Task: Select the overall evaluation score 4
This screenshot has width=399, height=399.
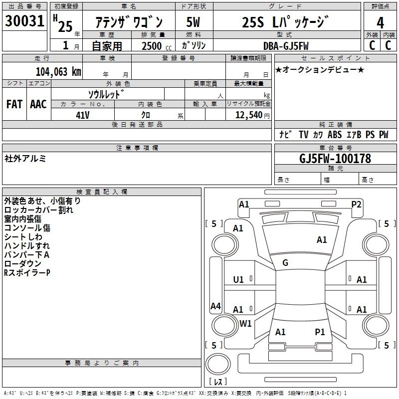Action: tap(380, 23)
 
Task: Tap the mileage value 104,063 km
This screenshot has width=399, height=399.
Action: tap(58, 71)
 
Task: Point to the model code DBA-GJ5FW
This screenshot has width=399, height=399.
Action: tap(286, 45)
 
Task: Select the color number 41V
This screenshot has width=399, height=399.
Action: tap(82, 115)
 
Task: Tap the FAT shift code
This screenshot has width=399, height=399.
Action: tap(14, 104)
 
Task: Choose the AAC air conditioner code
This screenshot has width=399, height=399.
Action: tap(38, 104)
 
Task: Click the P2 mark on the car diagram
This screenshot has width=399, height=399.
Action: tap(356, 203)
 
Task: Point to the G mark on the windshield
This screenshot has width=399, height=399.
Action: tap(285, 263)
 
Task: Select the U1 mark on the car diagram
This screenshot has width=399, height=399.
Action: tap(238, 280)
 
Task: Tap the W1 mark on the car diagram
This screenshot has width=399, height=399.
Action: tap(245, 323)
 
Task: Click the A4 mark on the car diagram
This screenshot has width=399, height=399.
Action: tap(215, 306)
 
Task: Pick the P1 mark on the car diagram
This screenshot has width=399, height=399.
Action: tap(320, 332)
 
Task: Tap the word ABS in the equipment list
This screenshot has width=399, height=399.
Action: tap(335, 135)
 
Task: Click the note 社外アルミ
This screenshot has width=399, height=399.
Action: tap(25, 159)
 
